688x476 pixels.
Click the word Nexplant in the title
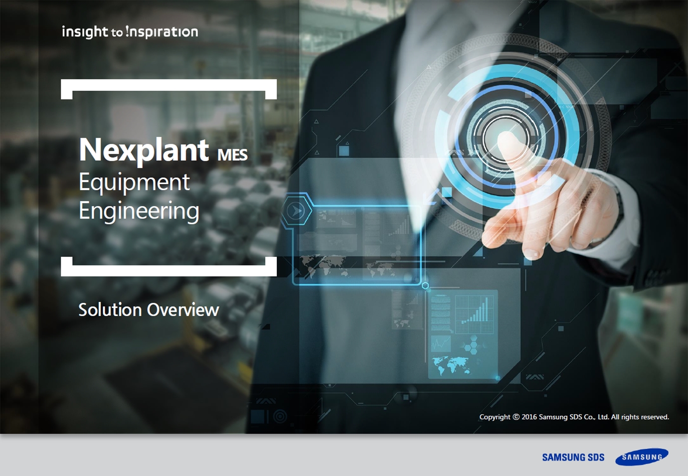144,150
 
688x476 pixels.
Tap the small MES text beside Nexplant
232,155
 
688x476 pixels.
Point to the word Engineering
139,212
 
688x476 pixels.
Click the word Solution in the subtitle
110,310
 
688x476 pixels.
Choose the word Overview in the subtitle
183,310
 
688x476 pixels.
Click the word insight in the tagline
85,32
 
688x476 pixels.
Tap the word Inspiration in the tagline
162,32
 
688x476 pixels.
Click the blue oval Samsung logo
642,457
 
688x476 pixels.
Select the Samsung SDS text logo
573,457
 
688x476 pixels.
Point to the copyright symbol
516,417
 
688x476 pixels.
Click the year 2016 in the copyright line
529,417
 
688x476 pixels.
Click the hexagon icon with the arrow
296,211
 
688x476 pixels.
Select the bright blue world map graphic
451,365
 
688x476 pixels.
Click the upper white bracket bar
169,85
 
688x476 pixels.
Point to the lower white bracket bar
169,270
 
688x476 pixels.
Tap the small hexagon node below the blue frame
425,285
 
